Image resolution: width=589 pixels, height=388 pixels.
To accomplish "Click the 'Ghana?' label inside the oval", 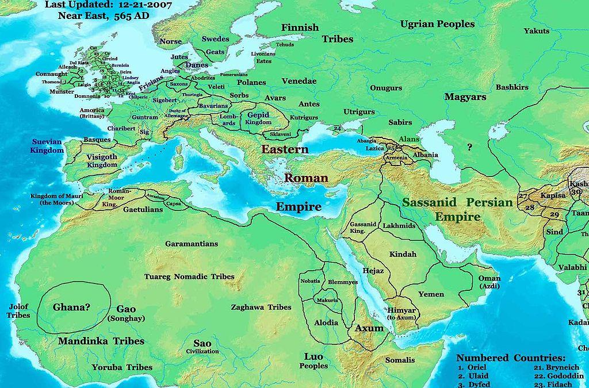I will [71, 307].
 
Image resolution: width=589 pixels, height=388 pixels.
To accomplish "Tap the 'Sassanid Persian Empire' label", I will [457, 210].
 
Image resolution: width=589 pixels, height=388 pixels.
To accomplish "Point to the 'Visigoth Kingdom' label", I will [102, 161].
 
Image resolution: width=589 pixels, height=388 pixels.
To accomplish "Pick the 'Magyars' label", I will [465, 97].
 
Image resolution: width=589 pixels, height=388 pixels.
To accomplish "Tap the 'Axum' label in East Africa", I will [369, 329].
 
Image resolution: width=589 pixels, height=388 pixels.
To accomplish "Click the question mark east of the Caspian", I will [470, 148].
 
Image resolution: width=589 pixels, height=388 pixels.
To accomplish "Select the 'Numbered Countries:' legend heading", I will [511, 357].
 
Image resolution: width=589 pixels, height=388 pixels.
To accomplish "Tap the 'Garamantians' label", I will [191, 244].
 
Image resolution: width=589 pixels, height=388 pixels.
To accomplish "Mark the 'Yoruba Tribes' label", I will [122, 367].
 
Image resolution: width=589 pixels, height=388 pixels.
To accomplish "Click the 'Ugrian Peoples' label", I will [437, 24].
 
